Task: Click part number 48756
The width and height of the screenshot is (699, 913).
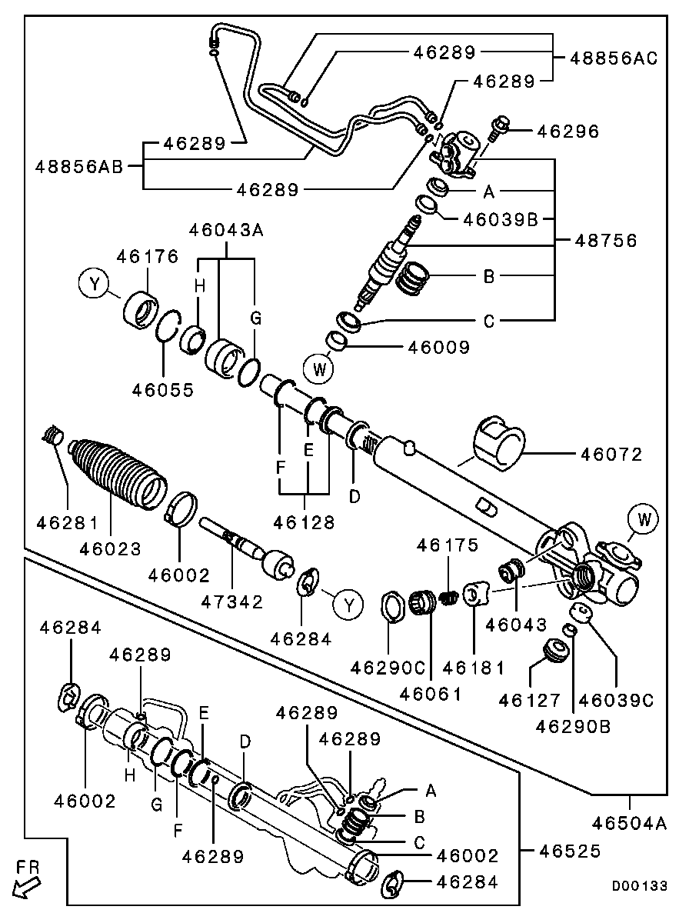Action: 606,241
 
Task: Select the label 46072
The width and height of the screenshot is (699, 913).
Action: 611,454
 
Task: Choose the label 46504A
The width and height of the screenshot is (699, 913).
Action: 629,823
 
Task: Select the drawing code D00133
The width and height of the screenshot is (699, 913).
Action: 639,886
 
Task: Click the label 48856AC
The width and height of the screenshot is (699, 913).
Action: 614,58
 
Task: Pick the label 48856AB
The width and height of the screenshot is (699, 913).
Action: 79,167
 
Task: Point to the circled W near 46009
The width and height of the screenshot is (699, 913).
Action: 320,368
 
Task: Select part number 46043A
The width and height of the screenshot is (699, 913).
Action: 226,230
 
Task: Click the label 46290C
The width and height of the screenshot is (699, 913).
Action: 388,668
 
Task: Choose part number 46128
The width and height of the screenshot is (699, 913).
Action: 304,522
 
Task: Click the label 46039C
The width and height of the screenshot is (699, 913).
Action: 617,699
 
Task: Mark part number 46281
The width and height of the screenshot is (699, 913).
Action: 68,522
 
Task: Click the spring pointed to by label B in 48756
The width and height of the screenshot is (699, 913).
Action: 413,278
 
